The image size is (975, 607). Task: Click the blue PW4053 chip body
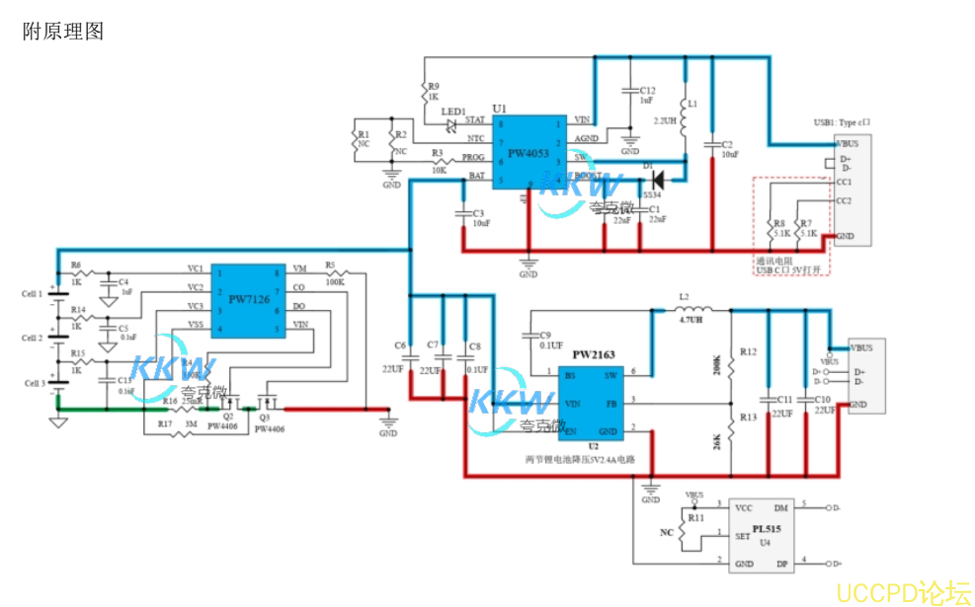(x=531, y=151)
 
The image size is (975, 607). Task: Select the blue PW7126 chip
(x=248, y=297)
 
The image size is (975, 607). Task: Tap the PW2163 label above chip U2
(x=594, y=352)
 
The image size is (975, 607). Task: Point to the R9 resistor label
(x=434, y=87)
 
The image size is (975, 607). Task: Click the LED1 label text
(x=453, y=113)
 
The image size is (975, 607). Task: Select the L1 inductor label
(x=692, y=103)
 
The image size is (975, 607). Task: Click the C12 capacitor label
(x=647, y=90)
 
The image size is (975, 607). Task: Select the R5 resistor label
(x=330, y=266)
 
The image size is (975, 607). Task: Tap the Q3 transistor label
(x=264, y=417)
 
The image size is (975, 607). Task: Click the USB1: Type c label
(x=842, y=123)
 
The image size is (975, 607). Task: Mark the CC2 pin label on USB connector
(x=844, y=200)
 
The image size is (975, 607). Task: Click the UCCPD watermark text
(x=902, y=592)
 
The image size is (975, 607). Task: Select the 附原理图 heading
(x=63, y=31)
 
